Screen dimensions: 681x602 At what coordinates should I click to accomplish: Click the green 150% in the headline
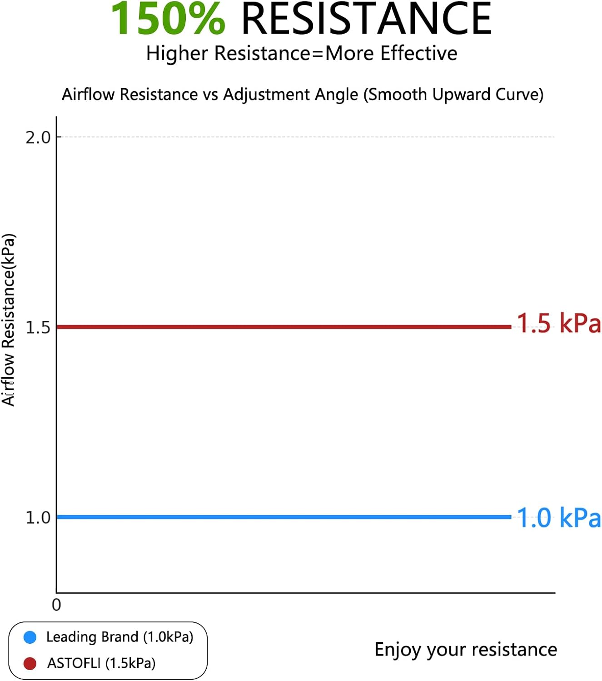168,19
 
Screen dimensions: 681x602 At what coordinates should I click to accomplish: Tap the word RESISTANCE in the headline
366,19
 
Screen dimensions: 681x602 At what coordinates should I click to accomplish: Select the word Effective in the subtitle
419,53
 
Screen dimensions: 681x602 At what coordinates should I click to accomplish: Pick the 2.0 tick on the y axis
38,137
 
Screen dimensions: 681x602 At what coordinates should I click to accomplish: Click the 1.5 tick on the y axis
38,327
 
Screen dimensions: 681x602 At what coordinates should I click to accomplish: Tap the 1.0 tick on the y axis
38,517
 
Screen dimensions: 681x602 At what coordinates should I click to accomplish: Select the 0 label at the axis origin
56,605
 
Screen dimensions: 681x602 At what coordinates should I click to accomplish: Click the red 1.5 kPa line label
558,323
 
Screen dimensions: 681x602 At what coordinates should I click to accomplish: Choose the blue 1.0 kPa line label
558,518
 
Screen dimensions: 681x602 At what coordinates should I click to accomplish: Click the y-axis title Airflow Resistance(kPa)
9,320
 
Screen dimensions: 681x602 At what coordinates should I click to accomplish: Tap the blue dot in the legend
30,637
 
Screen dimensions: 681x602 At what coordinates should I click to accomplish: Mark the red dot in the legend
30,663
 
